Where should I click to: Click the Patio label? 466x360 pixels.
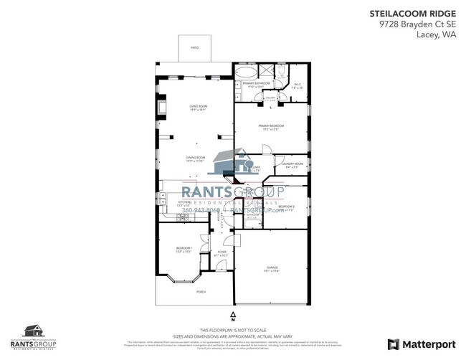(195, 47)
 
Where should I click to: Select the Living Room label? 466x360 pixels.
(197, 108)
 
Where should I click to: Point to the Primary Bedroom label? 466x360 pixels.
(272, 128)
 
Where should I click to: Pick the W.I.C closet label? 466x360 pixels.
(298, 85)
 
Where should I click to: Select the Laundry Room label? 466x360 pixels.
(293, 165)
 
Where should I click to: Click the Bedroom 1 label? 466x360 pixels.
(184, 249)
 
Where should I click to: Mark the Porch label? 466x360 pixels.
(201, 293)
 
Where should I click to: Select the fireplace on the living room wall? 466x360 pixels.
(162, 109)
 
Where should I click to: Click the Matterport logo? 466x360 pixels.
(420, 344)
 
